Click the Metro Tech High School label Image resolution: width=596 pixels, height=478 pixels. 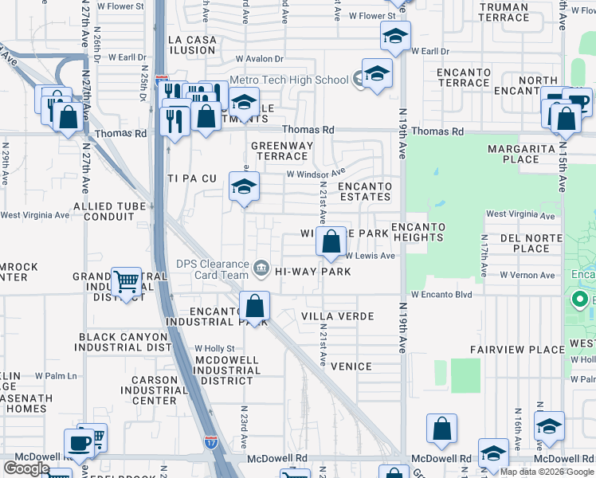point(289,80)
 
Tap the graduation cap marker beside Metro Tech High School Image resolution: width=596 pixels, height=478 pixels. point(377,74)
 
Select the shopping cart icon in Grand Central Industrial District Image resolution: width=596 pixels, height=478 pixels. point(126,281)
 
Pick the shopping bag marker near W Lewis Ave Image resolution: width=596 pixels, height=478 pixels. point(330,241)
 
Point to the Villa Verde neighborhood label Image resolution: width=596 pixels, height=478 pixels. point(338,316)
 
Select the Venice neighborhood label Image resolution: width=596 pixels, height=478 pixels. point(351,366)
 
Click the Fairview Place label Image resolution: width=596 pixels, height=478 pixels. point(517,350)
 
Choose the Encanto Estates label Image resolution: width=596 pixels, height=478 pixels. point(365,191)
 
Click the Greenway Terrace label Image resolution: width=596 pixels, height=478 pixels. point(282,151)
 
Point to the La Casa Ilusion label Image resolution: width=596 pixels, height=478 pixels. point(191,45)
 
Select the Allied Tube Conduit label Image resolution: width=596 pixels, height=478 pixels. point(109,211)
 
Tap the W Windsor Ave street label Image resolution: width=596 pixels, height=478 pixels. point(316,173)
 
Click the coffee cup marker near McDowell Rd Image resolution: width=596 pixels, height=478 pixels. point(80,443)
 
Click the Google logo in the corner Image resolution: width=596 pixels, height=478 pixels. point(26,468)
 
